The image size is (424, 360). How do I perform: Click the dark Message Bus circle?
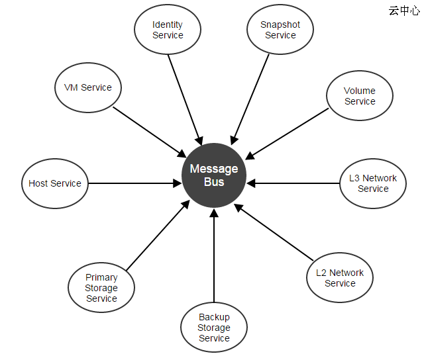coord(214,175)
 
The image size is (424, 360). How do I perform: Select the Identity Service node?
coord(168,30)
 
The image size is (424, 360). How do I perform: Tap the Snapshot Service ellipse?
coord(280,30)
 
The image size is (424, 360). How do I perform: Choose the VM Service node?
coord(88,87)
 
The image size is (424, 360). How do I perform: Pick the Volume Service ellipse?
coord(360,96)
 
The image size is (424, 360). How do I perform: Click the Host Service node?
coord(55,183)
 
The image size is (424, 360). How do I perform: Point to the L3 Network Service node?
coord(373,183)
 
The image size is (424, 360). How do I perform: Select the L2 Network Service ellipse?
coord(340,278)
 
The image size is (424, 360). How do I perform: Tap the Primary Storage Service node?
coord(101,288)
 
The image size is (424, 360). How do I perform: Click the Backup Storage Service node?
coord(214,328)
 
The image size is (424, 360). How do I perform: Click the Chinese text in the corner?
coord(403,11)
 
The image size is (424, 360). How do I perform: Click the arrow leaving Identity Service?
coord(185,99)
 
